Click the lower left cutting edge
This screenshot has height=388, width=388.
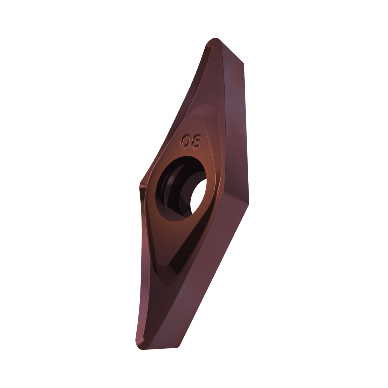tap(138, 259)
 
